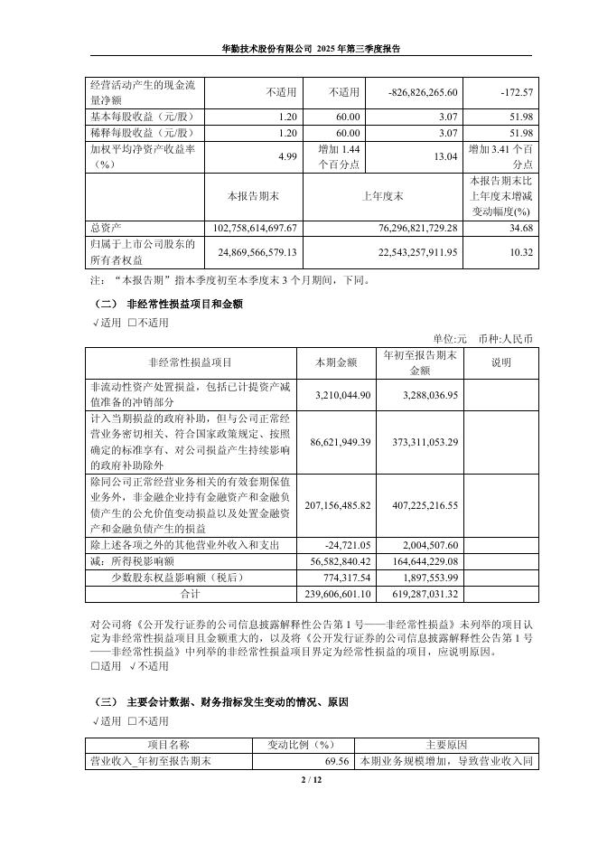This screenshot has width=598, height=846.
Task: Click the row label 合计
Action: point(190,594)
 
